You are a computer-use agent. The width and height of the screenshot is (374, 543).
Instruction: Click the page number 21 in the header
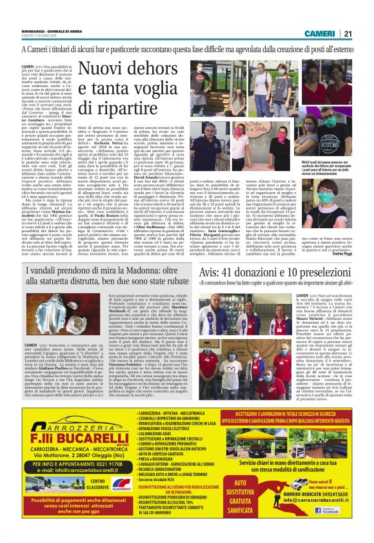pos(365,34)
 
